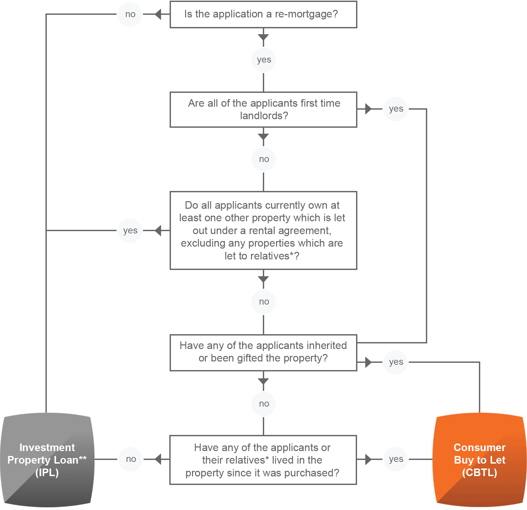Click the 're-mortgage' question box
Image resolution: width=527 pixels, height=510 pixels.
click(x=263, y=14)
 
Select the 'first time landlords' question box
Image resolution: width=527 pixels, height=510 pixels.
click(x=263, y=110)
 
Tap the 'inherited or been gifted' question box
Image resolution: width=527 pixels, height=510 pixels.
click(x=263, y=352)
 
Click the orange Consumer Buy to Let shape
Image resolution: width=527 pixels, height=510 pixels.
click(x=480, y=460)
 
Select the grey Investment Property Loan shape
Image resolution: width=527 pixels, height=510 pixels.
click(x=47, y=460)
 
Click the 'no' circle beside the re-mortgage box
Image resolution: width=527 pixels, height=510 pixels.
click(x=130, y=14)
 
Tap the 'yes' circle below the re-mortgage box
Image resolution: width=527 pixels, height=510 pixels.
click(x=263, y=60)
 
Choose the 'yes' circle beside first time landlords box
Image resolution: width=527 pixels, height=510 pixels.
click(x=396, y=109)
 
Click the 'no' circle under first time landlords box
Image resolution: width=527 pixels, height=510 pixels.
click(x=263, y=159)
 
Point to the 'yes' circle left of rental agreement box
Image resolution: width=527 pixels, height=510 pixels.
click(x=130, y=230)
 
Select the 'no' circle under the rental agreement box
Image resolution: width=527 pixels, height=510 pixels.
click(x=263, y=302)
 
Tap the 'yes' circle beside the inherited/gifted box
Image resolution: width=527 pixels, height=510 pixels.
click(x=396, y=362)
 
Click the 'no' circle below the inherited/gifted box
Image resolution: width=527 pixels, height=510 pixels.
click(x=263, y=404)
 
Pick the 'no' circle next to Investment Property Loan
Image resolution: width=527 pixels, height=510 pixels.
click(x=131, y=459)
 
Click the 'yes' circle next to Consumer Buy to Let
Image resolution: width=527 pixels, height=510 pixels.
click(x=396, y=459)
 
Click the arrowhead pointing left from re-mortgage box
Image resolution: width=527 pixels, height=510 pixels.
click(x=158, y=14)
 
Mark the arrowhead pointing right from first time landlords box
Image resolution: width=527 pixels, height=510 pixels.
click(x=368, y=109)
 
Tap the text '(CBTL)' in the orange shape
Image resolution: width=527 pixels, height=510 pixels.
click(x=480, y=472)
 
